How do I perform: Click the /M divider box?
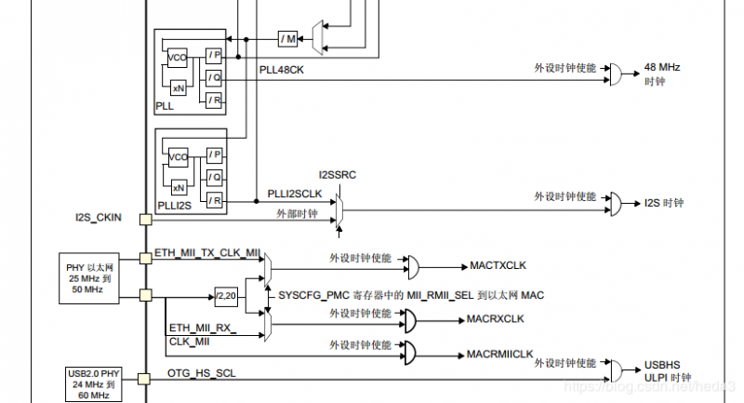tap(287, 38)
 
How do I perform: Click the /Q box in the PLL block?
tap(215, 78)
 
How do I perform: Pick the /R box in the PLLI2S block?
tap(215, 199)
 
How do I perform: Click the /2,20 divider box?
tap(226, 295)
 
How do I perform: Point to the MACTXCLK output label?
tap(498, 265)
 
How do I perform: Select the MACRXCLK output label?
tap(496, 319)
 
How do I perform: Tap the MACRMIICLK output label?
tap(500, 355)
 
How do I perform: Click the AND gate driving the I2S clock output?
tap(615, 202)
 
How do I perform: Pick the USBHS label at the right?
tap(662, 365)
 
